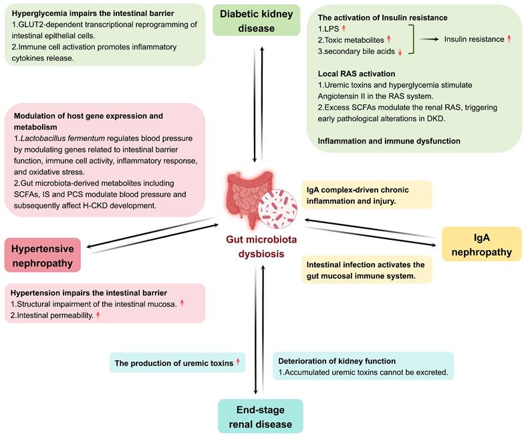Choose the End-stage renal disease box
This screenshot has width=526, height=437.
[x=260, y=416]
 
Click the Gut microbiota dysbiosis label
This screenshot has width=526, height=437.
[x=260, y=247]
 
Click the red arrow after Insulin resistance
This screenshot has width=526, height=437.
[x=509, y=39]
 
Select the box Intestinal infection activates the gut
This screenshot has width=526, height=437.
[x=366, y=269]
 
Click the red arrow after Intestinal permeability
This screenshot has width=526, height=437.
[x=98, y=315]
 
